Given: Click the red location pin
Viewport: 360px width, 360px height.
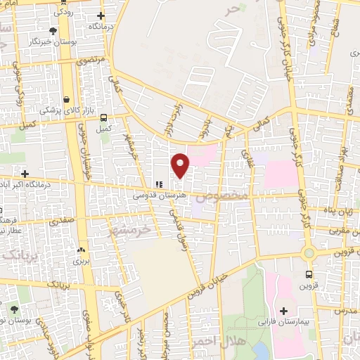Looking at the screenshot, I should point(181,165).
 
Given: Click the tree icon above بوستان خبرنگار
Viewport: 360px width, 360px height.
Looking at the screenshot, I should point(53,30).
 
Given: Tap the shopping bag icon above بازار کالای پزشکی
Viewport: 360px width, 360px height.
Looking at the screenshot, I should point(66,100).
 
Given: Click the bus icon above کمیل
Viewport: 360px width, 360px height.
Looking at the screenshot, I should point(104,118).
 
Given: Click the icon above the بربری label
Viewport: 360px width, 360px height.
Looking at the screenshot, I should point(81,250).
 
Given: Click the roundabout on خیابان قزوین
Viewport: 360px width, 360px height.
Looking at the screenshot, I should point(307,253).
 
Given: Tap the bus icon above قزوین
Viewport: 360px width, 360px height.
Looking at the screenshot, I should point(309,275).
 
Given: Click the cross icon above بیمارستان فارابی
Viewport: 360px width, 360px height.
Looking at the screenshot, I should point(284,311).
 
